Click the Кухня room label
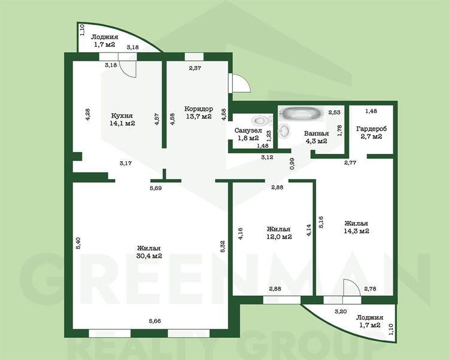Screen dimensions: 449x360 (x=122, y=116)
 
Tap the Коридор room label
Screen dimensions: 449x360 (x=198, y=109)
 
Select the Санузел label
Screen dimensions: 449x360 (x=248, y=131)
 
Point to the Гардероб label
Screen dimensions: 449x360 (x=371, y=129)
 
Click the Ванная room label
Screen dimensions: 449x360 (x=316, y=134)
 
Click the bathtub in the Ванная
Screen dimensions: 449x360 (x=302, y=113)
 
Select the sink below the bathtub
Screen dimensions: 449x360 (x=284, y=131)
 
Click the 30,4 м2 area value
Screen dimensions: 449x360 (x=149, y=256)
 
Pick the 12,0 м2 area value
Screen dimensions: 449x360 (x=279, y=237)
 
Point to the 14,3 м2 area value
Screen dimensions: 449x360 (x=356, y=231)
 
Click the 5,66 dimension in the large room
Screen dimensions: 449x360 (x=154, y=321)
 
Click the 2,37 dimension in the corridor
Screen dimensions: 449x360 (x=195, y=68)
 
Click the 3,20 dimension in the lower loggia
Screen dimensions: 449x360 (x=341, y=311)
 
